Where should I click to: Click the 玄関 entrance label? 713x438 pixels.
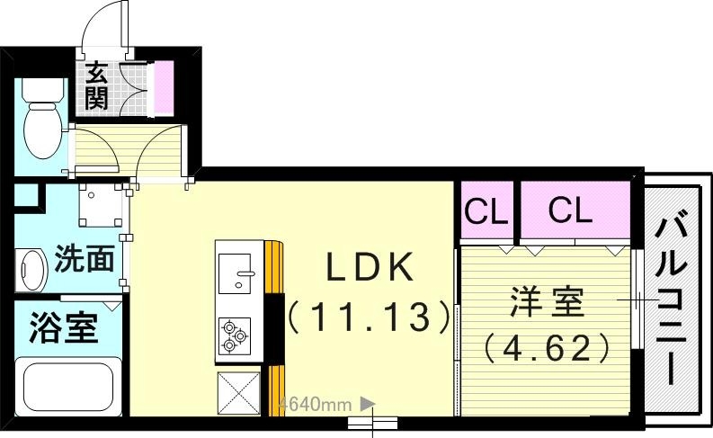(x=97, y=86)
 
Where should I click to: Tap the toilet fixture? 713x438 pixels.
(x=40, y=121)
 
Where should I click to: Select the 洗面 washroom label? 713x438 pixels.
(x=85, y=259)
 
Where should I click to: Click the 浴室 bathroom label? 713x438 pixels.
(x=63, y=328)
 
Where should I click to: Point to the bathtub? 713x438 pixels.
(x=68, y=385)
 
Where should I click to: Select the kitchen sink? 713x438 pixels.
(x=237, y=271)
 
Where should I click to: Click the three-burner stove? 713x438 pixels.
(x=236, y=333)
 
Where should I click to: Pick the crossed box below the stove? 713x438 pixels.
(x=238, y=393)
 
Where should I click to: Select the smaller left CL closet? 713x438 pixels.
(x=486, y=213)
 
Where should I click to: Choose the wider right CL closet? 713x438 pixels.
(x=571, y=211)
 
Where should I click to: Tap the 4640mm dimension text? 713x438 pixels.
(x=315, y=405)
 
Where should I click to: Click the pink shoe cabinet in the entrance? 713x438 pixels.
(x=163, y=88)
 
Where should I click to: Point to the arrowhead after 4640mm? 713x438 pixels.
(x=367, y=405)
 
